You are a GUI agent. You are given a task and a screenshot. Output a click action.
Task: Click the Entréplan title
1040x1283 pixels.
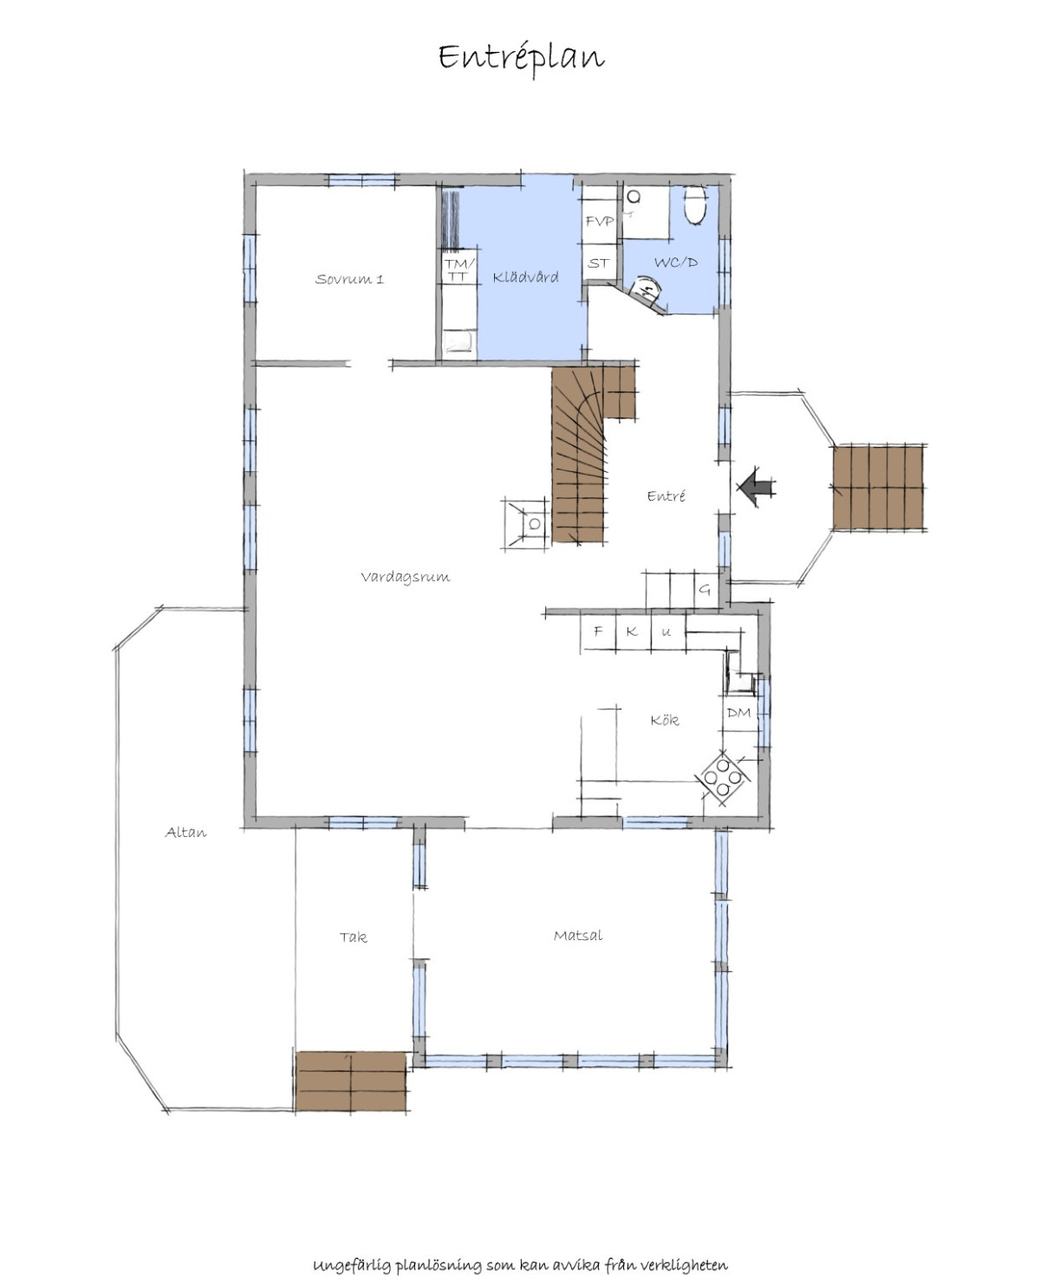tap(521, 58)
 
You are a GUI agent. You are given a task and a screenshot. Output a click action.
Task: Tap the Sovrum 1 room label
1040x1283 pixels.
tap(349, 279)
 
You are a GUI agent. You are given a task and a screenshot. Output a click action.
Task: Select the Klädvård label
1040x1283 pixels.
tap(525, 277)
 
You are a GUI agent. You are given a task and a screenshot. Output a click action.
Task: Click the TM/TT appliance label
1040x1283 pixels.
tap(459, 269)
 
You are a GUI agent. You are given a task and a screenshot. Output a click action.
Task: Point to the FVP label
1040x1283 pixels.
tap(600, 221)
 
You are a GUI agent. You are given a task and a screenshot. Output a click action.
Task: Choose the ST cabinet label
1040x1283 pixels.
tap(598, 263)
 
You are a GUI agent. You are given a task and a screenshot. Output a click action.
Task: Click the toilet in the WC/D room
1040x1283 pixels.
tap(695, 204)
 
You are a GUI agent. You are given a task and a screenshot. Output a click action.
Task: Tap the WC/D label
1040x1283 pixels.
tap(676, 262)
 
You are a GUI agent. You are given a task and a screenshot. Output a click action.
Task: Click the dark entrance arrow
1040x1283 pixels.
tap(757, 486)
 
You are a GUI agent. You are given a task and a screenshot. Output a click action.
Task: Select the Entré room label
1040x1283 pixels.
tap(666, 496)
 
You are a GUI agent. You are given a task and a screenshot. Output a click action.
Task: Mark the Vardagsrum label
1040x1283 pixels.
tap(406, 576)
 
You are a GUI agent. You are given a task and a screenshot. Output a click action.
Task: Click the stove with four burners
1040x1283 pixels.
tap(724, 778)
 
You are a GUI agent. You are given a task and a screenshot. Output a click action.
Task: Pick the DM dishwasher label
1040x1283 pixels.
tap(738, 713)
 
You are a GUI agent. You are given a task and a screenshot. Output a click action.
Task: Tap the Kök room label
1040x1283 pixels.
tap(665, 720)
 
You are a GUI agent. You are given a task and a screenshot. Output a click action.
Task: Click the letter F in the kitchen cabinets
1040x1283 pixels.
tap(598, 631)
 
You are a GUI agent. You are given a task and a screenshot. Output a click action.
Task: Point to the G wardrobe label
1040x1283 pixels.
tap(705, 589)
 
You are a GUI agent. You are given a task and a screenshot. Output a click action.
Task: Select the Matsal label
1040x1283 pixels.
tap(578, 936)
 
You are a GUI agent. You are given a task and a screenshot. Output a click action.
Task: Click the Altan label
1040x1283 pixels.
tap(185, 833)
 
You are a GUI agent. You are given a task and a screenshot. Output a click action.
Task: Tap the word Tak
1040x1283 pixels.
tap(353, 936)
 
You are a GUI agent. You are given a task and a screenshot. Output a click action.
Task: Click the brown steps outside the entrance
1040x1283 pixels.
tap(879, 488)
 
